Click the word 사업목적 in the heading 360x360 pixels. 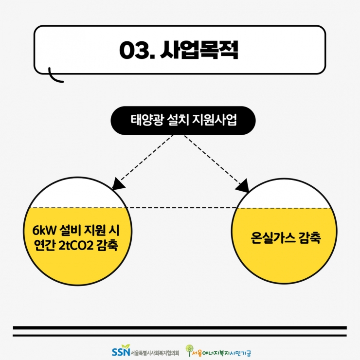point(199,50)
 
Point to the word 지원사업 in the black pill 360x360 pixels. point(214,120)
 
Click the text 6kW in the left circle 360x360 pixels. point(44,230)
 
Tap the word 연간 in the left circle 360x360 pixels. point(45,246)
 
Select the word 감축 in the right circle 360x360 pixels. point(310,237)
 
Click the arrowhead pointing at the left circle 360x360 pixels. point(118,184)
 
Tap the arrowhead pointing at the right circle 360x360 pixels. point(243,185)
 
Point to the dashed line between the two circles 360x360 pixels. point(182,208)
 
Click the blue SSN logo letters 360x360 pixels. point(121,351)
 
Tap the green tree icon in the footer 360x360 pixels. point(189,350)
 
